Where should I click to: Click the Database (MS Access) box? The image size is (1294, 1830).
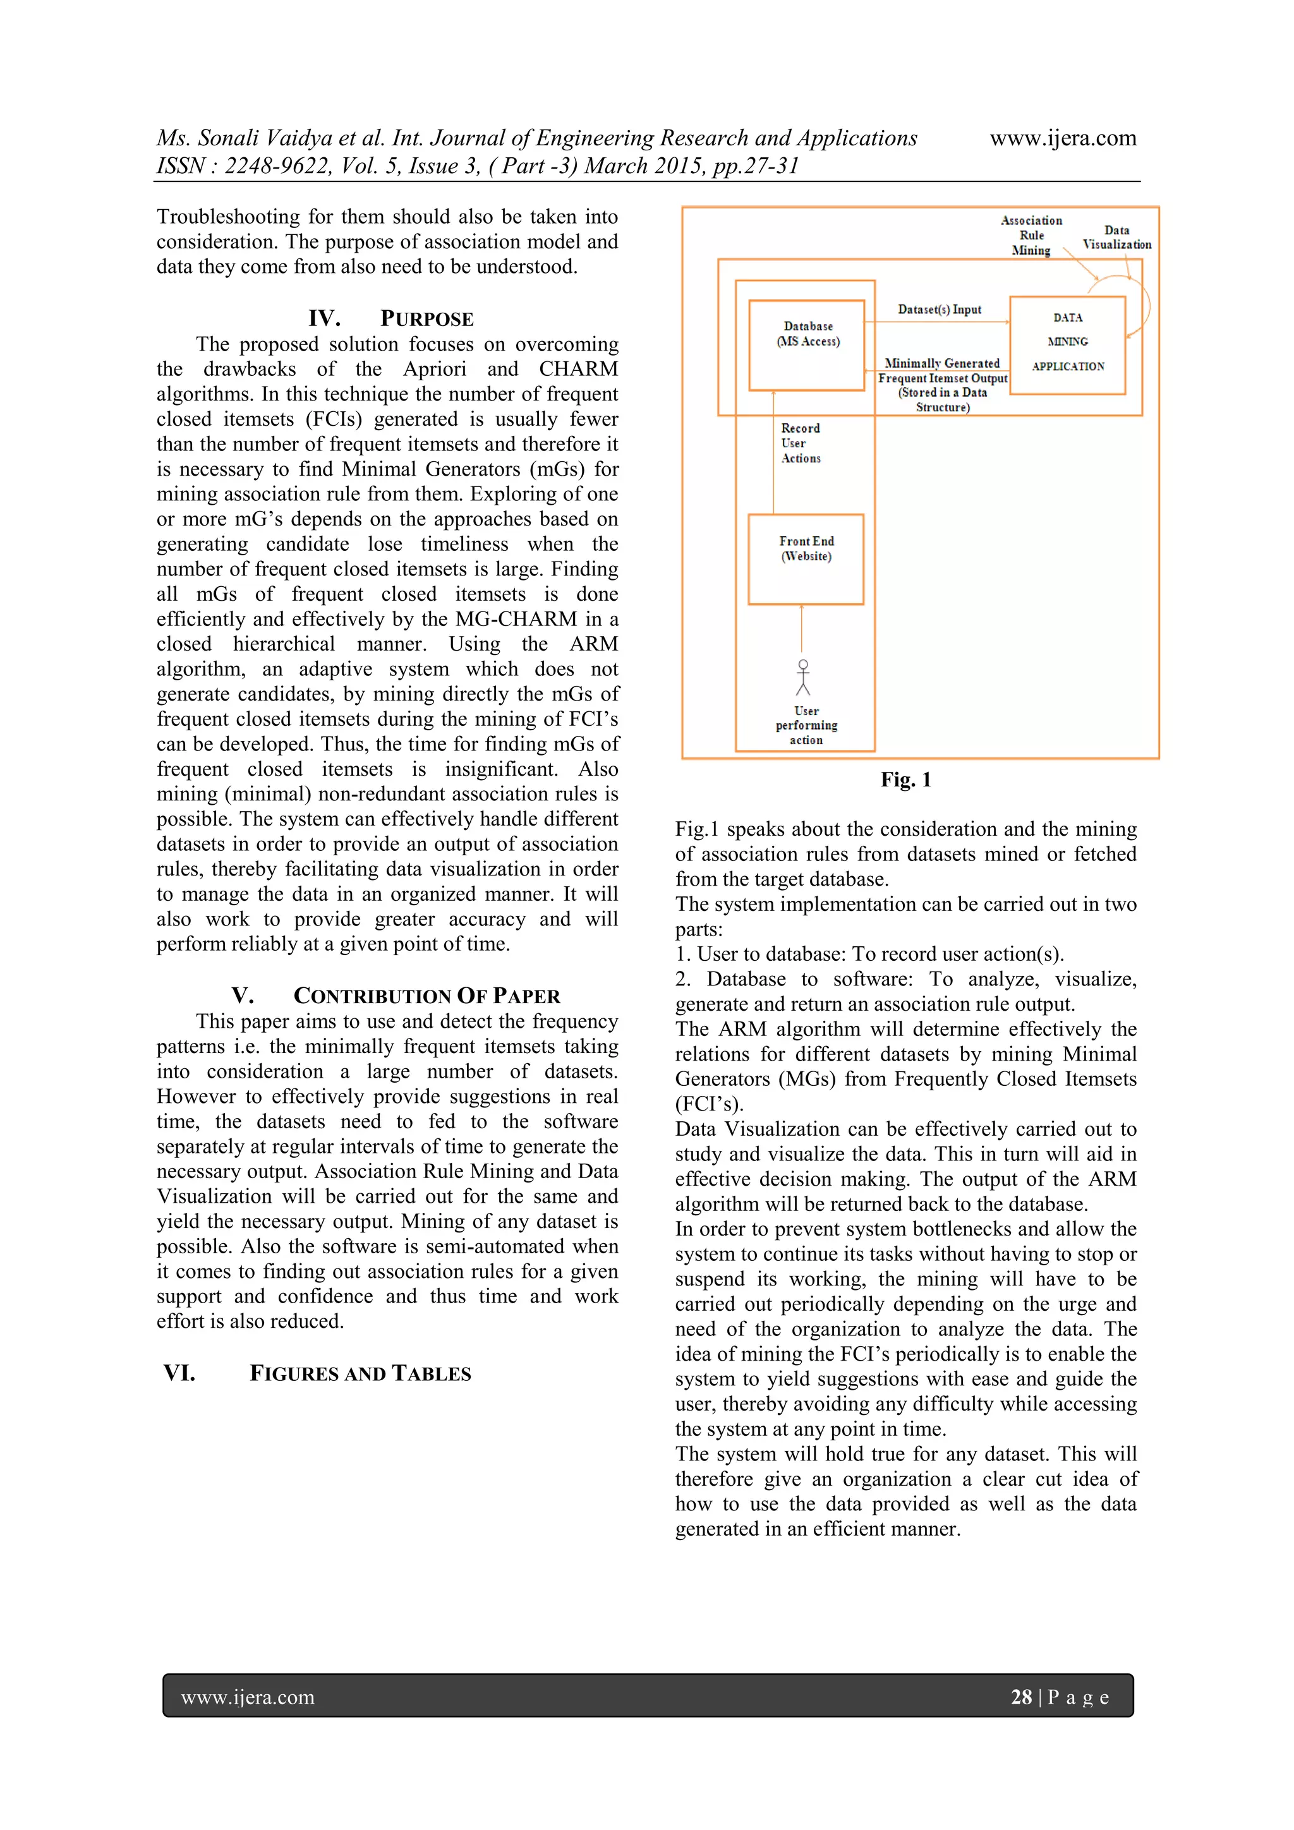tap(807, 344)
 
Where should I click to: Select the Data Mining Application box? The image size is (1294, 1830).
tap(1068, 344)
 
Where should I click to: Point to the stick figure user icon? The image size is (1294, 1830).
tap(803, 677)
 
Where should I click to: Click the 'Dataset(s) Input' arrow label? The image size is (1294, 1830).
tap(939, 310)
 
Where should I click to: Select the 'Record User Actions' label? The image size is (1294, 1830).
tap(801, 443)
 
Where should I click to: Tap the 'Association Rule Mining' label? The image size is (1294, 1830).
tap(1031, 235)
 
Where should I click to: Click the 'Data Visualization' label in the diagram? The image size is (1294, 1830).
tap(1116, 238)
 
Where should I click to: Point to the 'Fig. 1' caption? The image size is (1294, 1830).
tap(905, 780)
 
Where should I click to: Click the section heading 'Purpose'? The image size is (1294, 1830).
tap(426, 319)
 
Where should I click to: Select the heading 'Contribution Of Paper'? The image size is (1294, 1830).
tap(426, 996)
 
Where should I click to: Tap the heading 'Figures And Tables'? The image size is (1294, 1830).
tap(360, 1373)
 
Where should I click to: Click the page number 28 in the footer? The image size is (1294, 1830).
tap(1021, 1697)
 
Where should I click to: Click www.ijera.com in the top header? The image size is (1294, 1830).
tap(1063, 138)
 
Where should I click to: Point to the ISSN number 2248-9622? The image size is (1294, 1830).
tap(275, 166)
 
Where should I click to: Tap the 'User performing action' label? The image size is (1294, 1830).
tap(806, 725)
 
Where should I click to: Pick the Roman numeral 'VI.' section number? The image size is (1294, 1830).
tap(179, 1373)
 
